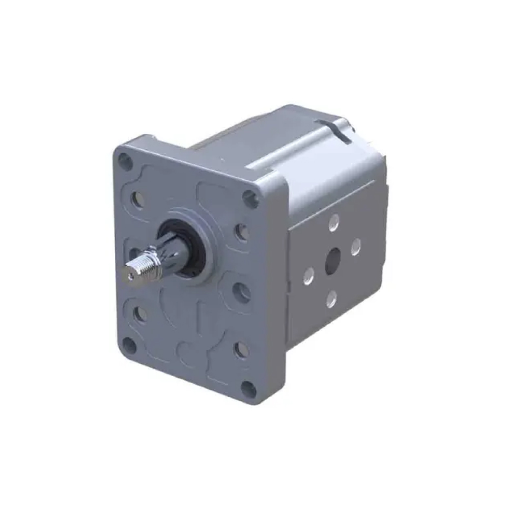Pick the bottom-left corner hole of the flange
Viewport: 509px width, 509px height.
click(x=130, y=346)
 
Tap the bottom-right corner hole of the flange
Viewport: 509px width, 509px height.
click(x=249, y=390)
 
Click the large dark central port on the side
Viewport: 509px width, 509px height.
click(x=333, y=261)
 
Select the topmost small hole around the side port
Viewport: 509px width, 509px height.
click(x=334, y=222)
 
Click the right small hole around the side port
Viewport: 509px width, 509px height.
click(x=356, y=246)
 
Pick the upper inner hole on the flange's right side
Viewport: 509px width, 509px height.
click(x=242, y=232)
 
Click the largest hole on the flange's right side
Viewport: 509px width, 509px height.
click(x=241, y=293)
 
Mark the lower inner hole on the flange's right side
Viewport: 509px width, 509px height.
click(x=242, y=349)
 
